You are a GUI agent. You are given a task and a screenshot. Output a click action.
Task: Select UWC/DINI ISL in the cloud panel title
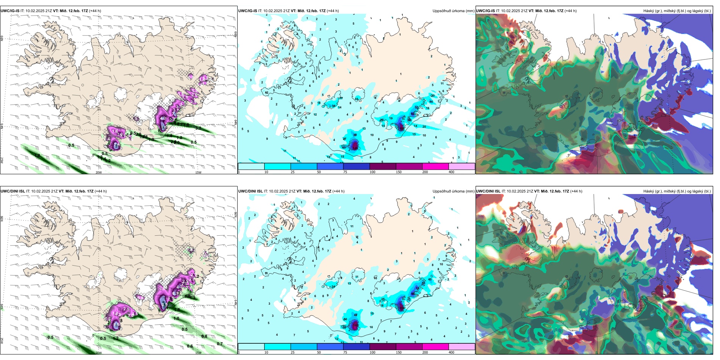pos(488,191)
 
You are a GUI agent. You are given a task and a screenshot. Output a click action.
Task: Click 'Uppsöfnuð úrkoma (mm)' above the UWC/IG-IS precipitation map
pos(453,11)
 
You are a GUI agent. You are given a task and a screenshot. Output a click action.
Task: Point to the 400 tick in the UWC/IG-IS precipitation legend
pos(451,172)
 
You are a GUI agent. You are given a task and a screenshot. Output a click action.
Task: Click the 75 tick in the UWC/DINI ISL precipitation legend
pos(345,352)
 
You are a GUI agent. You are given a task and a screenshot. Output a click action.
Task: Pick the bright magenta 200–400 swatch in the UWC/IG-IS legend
pos(435,166)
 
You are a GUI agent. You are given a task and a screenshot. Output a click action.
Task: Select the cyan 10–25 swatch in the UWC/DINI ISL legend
pos(277,347)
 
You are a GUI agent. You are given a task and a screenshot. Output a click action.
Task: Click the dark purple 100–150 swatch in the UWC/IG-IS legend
pos(383,166)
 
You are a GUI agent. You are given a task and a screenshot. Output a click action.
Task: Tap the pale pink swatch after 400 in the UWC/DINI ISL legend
pos(462,347)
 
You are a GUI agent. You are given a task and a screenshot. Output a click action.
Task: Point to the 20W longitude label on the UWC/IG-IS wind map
pos(99,172)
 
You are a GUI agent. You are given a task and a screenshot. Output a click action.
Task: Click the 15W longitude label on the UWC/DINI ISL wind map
pos(198,353)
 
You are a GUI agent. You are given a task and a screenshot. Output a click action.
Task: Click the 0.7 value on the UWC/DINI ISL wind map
pos(220,344)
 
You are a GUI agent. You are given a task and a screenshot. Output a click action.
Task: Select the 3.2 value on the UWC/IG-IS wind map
pos(198,128)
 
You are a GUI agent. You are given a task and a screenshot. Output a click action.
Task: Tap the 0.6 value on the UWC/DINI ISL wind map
pos(190,346)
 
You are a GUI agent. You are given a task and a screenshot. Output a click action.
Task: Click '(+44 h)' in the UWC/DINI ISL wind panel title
pos(100,191)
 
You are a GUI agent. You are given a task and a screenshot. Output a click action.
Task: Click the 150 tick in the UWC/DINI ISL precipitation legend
pos(399,352)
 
